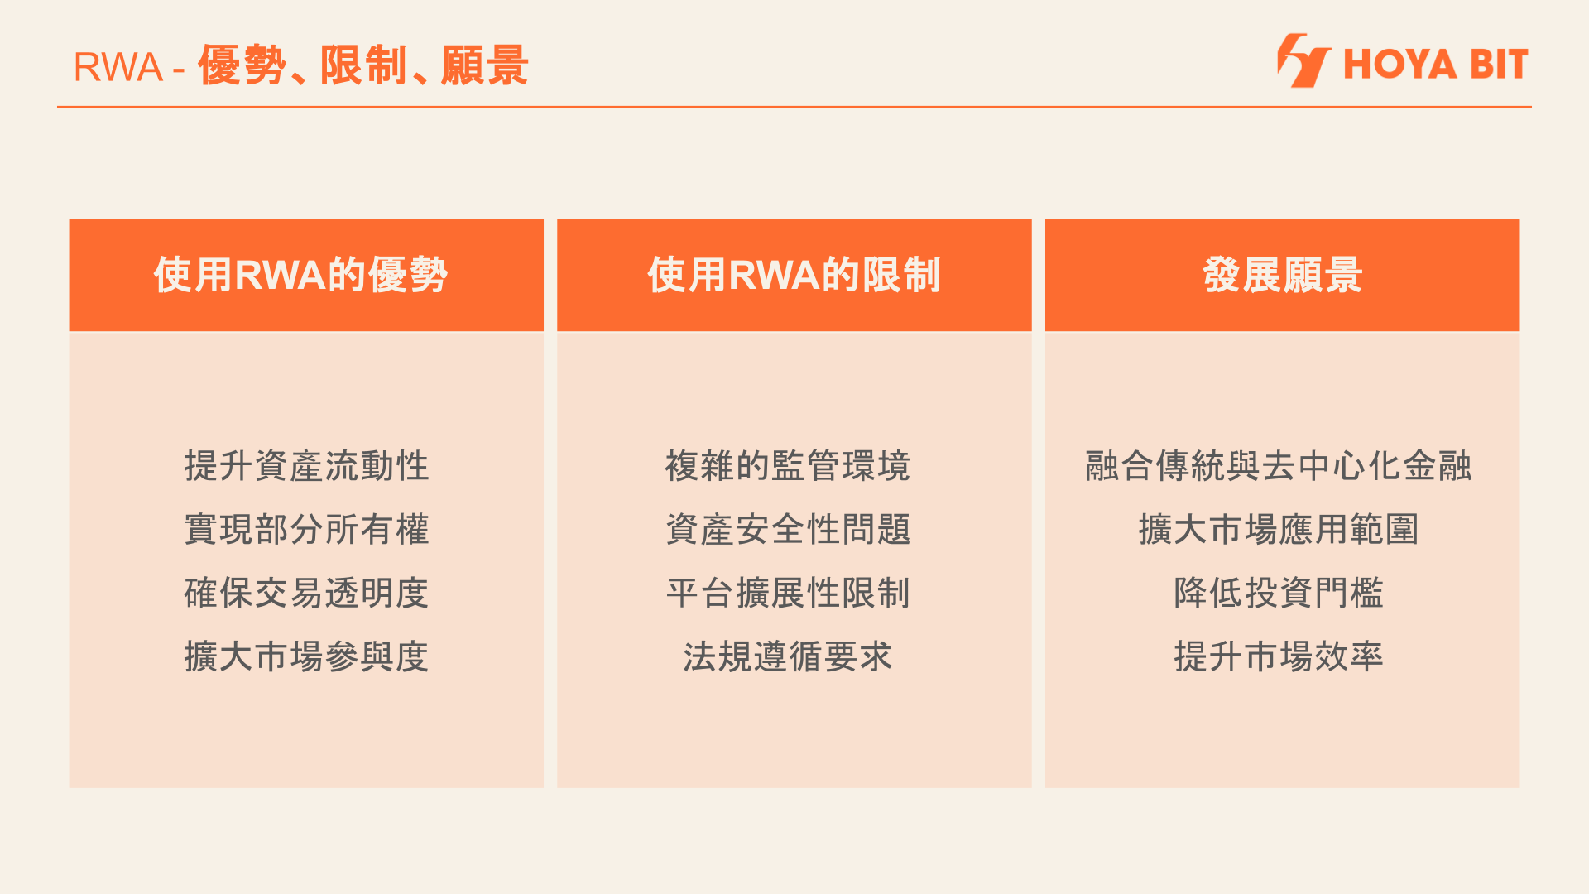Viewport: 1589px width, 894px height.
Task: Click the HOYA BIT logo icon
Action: click(x=1303, y=60)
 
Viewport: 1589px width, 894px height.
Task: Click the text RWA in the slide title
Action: click(x=118, y=67)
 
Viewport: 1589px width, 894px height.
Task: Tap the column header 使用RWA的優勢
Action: click(x=300, y=275)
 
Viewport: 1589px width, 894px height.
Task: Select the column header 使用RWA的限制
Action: click(x=794, y=275)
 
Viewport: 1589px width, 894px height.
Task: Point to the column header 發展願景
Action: click(x=1282, y=275)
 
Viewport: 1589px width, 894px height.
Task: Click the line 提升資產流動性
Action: click(x=306, y=466)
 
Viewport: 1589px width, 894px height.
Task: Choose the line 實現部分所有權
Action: click(x=306, y=530)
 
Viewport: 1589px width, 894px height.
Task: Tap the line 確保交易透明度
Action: click(x=306, y=594)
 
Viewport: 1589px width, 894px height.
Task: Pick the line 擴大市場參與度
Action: click(x=306, y=657)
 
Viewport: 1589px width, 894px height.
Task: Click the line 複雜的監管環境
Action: click(x=788, y=466)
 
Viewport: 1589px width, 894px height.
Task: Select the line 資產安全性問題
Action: click(x=788, y=530)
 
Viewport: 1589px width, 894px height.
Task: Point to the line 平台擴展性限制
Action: click(x=788, y=594)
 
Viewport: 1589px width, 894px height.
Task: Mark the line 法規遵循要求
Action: click(x=788, y=657)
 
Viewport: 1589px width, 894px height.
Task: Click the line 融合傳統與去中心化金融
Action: click(x=1279, y=466)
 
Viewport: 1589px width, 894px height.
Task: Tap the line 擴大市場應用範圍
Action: click(x=1279, y=530)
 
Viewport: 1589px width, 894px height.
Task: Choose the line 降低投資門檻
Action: click(x=1279, y=594)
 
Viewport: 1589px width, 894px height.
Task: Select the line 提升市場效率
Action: click(x=1279, y=657)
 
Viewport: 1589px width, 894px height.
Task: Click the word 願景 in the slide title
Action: click(x=485, y=65)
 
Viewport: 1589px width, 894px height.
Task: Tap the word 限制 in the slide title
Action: click(x=363, y=65)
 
